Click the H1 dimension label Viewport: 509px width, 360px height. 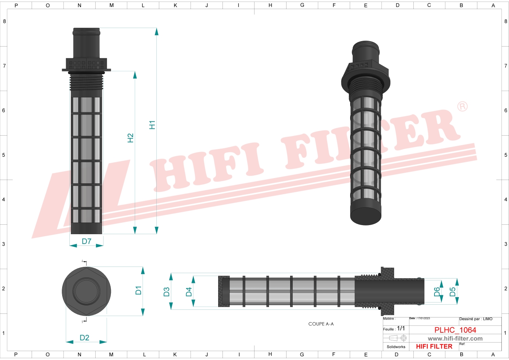tap(152, 125)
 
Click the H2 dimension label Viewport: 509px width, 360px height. tap(131, 138)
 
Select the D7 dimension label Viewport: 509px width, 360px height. tap(87, 241)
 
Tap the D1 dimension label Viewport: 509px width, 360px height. tap(139, 290)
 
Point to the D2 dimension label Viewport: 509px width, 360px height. tap(84, 338)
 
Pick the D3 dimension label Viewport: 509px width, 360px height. tap(167, 292)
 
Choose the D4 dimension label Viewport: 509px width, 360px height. tap(189, 292)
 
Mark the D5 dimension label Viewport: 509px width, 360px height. tap(453, 292)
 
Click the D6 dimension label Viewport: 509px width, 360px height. tap(437, 292)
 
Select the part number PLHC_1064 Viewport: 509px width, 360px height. tap(455, 330)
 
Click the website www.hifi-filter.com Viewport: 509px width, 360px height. tap(455, 339)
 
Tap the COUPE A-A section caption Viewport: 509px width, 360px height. tap(321, 324)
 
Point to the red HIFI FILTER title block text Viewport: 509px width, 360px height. tap(434, 347)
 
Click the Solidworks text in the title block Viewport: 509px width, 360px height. tap(396, 347)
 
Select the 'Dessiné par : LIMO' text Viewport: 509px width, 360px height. tap(476, 319)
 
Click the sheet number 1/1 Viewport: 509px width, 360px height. tap(401, 328)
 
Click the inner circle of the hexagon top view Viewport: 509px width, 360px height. tap(86, 291)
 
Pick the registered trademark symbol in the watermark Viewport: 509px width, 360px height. tap(462, 107)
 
